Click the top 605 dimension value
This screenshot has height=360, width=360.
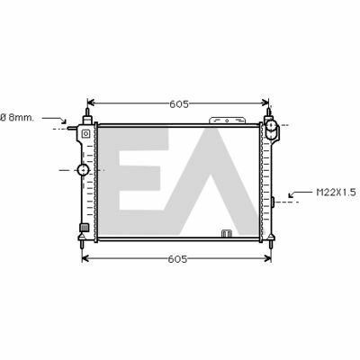tap(179, 104)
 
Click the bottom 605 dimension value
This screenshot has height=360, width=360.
tap(177, 259)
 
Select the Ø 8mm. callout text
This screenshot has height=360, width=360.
tap(17, 118)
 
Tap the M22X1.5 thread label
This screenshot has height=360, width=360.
tap(337, 192)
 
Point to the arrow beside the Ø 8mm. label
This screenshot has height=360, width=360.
tap(54, 120)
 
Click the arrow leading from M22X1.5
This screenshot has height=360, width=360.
tap(300, 193)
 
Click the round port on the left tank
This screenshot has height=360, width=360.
tap(83, 170)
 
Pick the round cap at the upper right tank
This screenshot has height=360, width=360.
tap(271, 125)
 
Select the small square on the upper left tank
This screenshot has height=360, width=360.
tap(85, 133)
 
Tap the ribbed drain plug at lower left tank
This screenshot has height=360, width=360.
tap(85, 228)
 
